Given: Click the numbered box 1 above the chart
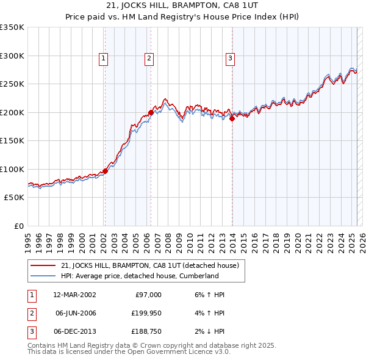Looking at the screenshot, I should (x=104, y=59).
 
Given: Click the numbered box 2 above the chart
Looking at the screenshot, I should (x=149, y=59).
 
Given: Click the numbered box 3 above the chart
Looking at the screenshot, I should (x=231, y=59).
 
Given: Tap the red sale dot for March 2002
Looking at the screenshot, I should (x=105, y=171).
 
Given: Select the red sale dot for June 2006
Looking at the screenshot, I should (x=151, y=113).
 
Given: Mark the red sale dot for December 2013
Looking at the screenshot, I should (x=232, y=119).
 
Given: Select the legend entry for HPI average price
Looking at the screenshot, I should (x=140, y=276).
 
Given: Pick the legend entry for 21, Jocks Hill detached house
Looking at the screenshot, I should (x=153, y=265).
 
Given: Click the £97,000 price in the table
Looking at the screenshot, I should (x=148, y=295).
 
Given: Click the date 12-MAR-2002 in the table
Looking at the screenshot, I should (x=75, y=295).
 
